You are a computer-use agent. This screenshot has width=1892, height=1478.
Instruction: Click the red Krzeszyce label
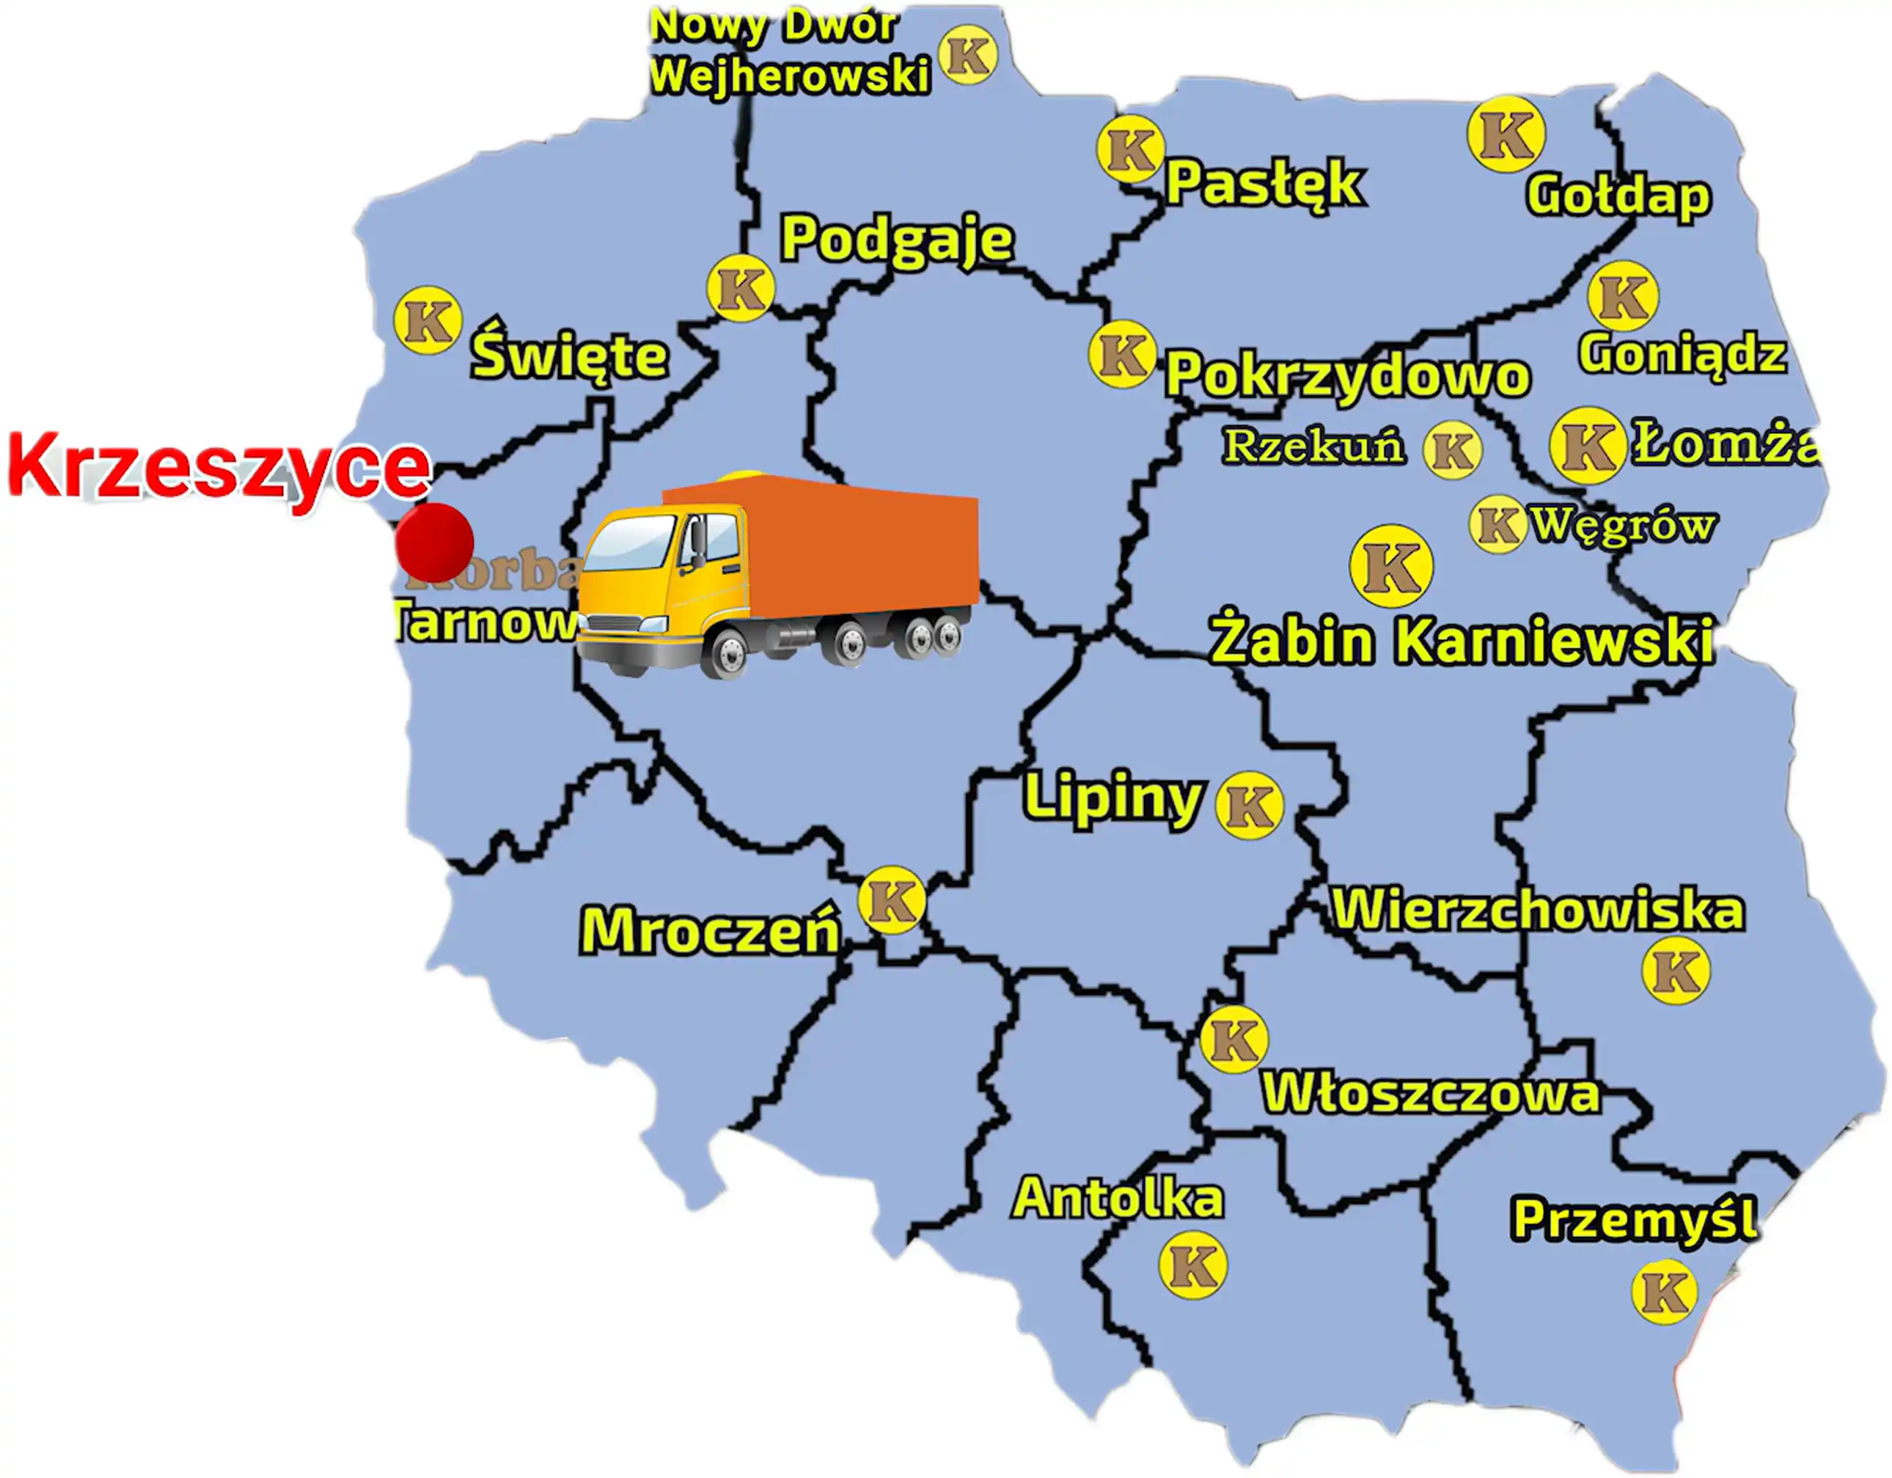pos(219,468)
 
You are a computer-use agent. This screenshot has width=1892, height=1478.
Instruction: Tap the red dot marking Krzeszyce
pos(434,543)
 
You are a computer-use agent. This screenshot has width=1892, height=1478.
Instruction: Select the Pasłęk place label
pos(1264,183)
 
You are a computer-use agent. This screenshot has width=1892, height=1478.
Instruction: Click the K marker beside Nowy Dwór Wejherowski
pos(969,56)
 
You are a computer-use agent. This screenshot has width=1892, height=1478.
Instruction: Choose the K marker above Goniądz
pos(1623,296)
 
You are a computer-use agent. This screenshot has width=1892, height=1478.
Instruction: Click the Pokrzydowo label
pos(1347,375)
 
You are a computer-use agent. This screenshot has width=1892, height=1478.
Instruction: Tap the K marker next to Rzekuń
pos(1453,450)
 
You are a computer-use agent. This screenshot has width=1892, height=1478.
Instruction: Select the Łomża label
pos(1724,444)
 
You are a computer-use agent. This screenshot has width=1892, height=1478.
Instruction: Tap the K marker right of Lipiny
pos(1249,805)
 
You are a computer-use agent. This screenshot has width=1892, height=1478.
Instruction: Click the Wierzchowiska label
pos(1538,910)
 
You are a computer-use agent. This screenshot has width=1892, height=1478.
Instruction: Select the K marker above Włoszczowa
pos(1233,1040)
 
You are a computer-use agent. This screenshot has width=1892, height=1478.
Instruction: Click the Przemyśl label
pos(1634,1219)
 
